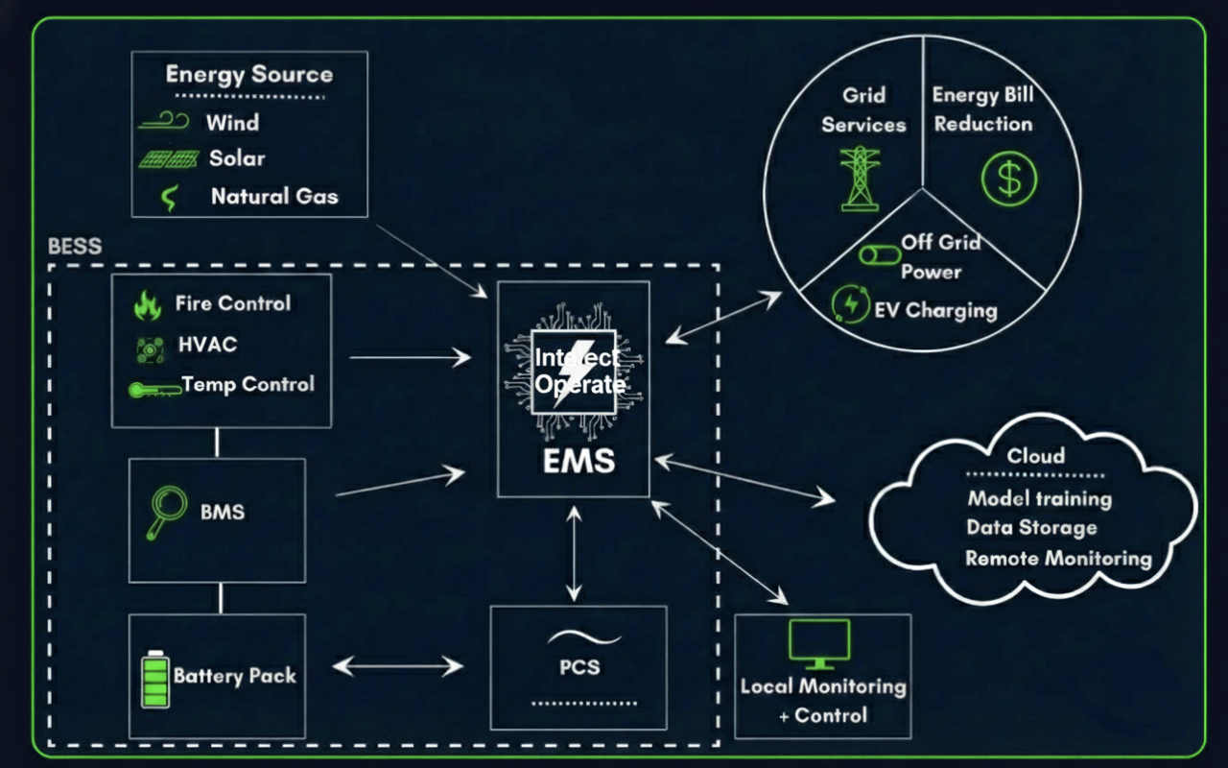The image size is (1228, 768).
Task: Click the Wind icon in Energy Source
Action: [165, 122]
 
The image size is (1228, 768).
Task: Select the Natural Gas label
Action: [274, 197]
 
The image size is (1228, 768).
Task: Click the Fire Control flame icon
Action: [147, 305]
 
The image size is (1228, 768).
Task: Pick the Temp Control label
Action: [248, 385]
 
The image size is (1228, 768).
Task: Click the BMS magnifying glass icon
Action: [166, 512]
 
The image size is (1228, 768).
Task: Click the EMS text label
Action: [578, 462]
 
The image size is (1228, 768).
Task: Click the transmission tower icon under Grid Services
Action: [861, 179]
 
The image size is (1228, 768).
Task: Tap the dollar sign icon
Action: [1009, 179]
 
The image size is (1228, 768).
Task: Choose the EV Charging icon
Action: [850, 303]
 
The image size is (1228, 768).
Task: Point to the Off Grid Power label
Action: [939, 257]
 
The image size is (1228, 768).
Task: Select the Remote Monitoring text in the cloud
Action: [1057, 559]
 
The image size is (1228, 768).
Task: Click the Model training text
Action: [1039, 499]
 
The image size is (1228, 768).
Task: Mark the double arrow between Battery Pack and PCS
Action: [397, 665]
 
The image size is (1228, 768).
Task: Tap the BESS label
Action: [75, 247]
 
